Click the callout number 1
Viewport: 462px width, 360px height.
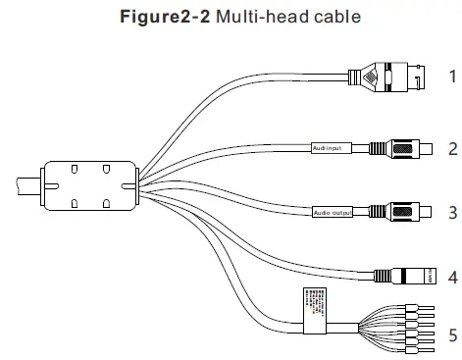click(x=452, y=75)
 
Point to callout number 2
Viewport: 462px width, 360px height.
click(x=452, y=149)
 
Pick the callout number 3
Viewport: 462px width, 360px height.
click(x=452, y=211)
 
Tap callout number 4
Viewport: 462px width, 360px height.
click(x=452, y=277)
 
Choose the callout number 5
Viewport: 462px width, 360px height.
click(x=452, y=335)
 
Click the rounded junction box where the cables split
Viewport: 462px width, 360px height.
click(x=89, y=184)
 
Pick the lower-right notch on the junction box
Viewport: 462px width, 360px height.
click(x=105, y=204)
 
